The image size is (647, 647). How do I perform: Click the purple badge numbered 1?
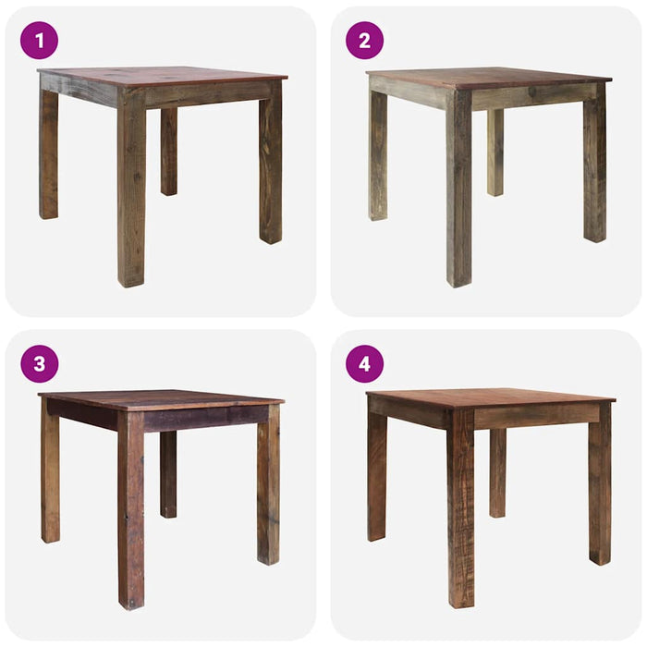tap(39, 41)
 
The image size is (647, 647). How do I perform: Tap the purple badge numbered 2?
tap(364, 41)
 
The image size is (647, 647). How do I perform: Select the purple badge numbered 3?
tap(39, 364)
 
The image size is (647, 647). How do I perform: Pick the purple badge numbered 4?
tap(364, 364)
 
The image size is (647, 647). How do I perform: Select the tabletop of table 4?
tap(490, 397)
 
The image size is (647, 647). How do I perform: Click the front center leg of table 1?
tap(131, 194)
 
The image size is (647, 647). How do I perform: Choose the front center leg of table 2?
tap(459, 194)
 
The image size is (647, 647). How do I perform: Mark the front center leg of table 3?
tap(130, 518)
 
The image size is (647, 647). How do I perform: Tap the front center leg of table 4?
tap(460, 518)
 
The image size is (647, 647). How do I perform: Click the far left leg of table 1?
tap(48, 153)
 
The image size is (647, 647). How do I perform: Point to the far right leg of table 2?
tap(594, 166)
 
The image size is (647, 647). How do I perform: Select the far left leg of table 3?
tap(50, 476)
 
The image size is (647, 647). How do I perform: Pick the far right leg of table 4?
tap(600, 485)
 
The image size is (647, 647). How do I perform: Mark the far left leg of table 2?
tap(377, 157)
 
